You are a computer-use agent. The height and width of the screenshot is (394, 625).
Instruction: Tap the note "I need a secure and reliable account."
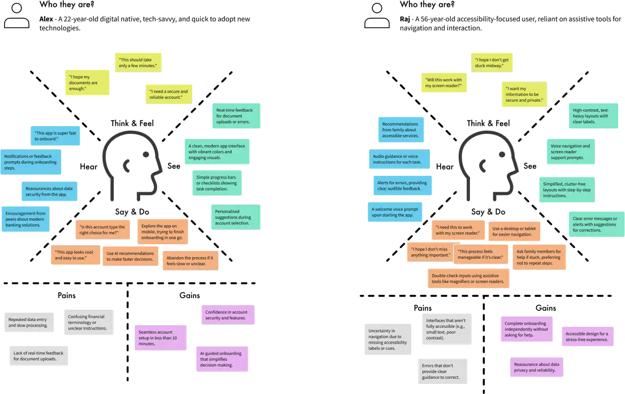169,94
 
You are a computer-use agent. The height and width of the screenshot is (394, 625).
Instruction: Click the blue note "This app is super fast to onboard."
55,136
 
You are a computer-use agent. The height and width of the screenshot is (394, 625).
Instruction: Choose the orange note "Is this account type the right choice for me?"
102,230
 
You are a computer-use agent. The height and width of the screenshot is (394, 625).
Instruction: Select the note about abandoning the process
191,260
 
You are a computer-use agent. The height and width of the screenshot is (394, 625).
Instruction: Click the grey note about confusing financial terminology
90,322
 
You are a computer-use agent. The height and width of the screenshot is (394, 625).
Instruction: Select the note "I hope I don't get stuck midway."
493,62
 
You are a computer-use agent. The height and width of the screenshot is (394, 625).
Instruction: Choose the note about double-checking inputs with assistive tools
468,278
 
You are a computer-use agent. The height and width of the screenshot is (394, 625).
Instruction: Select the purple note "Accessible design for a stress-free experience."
588,337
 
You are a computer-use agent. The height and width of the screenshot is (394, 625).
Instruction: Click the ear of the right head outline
484,167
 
